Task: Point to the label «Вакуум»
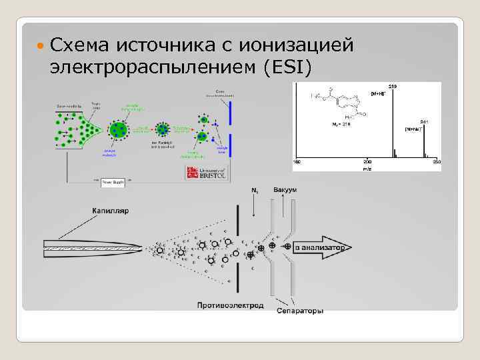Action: [285, 191]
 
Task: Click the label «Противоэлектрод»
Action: [230, 305]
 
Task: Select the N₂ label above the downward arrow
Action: [255, 192]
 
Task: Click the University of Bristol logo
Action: [208, 174]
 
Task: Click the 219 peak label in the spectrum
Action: [393, 87]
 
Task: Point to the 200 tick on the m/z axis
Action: [367, 162]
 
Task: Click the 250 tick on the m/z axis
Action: [437, 162]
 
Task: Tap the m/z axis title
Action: [367, 168]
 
